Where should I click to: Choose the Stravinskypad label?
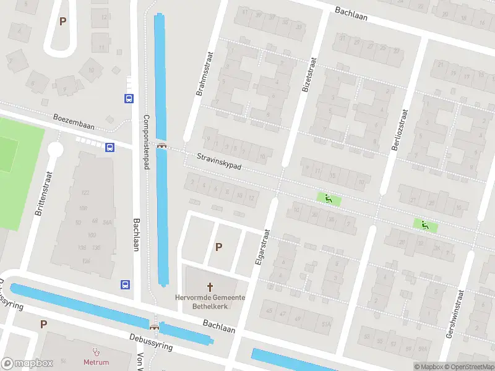point(219,163)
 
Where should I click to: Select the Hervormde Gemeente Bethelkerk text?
point(210,302)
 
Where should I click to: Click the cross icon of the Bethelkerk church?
point(210,286)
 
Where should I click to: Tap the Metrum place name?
point(96,362)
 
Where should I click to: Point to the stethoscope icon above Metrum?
point(96,351)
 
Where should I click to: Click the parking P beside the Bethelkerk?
point(218,247)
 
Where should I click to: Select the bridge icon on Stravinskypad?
point(163,146)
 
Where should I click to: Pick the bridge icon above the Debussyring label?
point(153,326)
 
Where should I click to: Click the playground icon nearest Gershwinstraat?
point(424,226)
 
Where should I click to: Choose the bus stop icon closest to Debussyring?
point(126,284)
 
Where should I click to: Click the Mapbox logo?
point(28,364)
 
